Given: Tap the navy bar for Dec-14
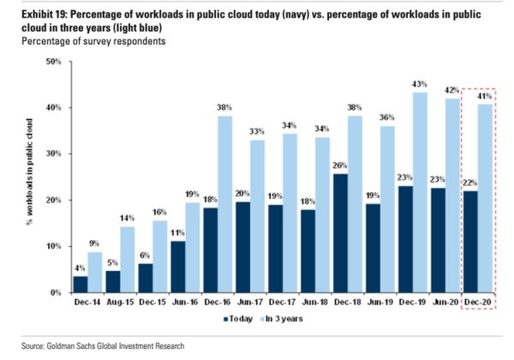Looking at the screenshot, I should point(80,284).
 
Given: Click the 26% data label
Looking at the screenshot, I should point(340,165).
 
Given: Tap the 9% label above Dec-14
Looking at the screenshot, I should point(95,243).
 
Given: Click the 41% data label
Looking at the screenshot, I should point(484,95).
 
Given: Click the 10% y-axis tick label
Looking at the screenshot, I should point(54,247).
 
